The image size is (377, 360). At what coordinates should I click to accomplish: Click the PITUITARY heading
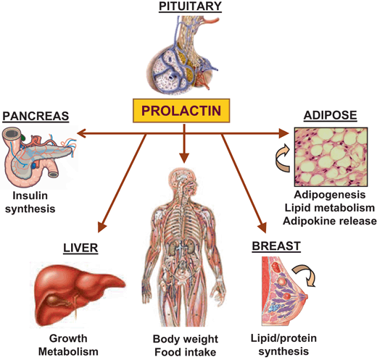(190, 6)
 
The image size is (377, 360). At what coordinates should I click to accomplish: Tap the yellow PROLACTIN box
(181, 111)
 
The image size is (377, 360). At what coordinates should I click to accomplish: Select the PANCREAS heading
(36, 116)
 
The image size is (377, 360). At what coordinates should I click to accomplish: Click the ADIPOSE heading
(330, 115)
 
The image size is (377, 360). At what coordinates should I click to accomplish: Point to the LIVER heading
(80, 248)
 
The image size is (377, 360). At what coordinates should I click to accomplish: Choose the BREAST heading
(276, 246)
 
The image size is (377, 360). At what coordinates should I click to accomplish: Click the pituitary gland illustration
(183, 55)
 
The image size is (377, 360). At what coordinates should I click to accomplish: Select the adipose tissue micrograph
(331, 156)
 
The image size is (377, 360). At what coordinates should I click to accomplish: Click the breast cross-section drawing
(285, 291)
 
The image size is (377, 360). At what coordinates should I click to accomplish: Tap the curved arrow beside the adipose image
(283, 158)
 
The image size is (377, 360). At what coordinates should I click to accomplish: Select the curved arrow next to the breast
(305, 275)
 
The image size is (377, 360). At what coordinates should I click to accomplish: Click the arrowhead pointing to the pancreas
(81, 133)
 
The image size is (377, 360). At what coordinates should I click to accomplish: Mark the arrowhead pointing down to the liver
(101, 227)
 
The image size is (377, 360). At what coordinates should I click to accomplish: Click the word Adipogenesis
(330, 195)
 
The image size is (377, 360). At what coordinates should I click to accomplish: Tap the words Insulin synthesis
(30, 202)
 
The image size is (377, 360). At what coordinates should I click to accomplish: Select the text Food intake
(185, 352)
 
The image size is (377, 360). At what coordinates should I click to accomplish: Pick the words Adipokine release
(330, 221)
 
